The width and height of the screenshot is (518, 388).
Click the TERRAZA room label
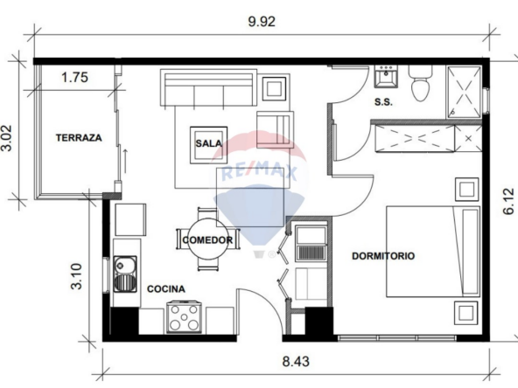79,137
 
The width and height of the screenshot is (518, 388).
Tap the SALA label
208,143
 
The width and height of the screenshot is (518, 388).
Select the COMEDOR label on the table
207,239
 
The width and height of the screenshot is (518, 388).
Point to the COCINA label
166,289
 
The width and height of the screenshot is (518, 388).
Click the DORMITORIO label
383,256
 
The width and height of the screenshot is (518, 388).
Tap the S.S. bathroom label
383,102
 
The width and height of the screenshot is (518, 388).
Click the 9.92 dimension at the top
262,22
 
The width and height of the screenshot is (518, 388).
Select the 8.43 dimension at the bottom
296,362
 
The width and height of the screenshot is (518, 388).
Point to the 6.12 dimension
508,201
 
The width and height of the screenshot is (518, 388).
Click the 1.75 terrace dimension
74,77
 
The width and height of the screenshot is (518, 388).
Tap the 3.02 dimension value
7,138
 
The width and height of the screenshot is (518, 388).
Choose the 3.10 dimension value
76,276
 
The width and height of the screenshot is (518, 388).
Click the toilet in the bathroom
420,83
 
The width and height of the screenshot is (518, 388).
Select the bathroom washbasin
386,77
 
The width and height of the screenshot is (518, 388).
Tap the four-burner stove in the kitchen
184,316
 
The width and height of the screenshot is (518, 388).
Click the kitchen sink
125,274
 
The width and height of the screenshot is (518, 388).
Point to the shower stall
464,92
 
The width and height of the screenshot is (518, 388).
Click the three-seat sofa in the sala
208,87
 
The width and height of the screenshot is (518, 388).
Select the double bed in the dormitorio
433,252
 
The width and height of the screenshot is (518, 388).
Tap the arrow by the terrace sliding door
125,161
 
